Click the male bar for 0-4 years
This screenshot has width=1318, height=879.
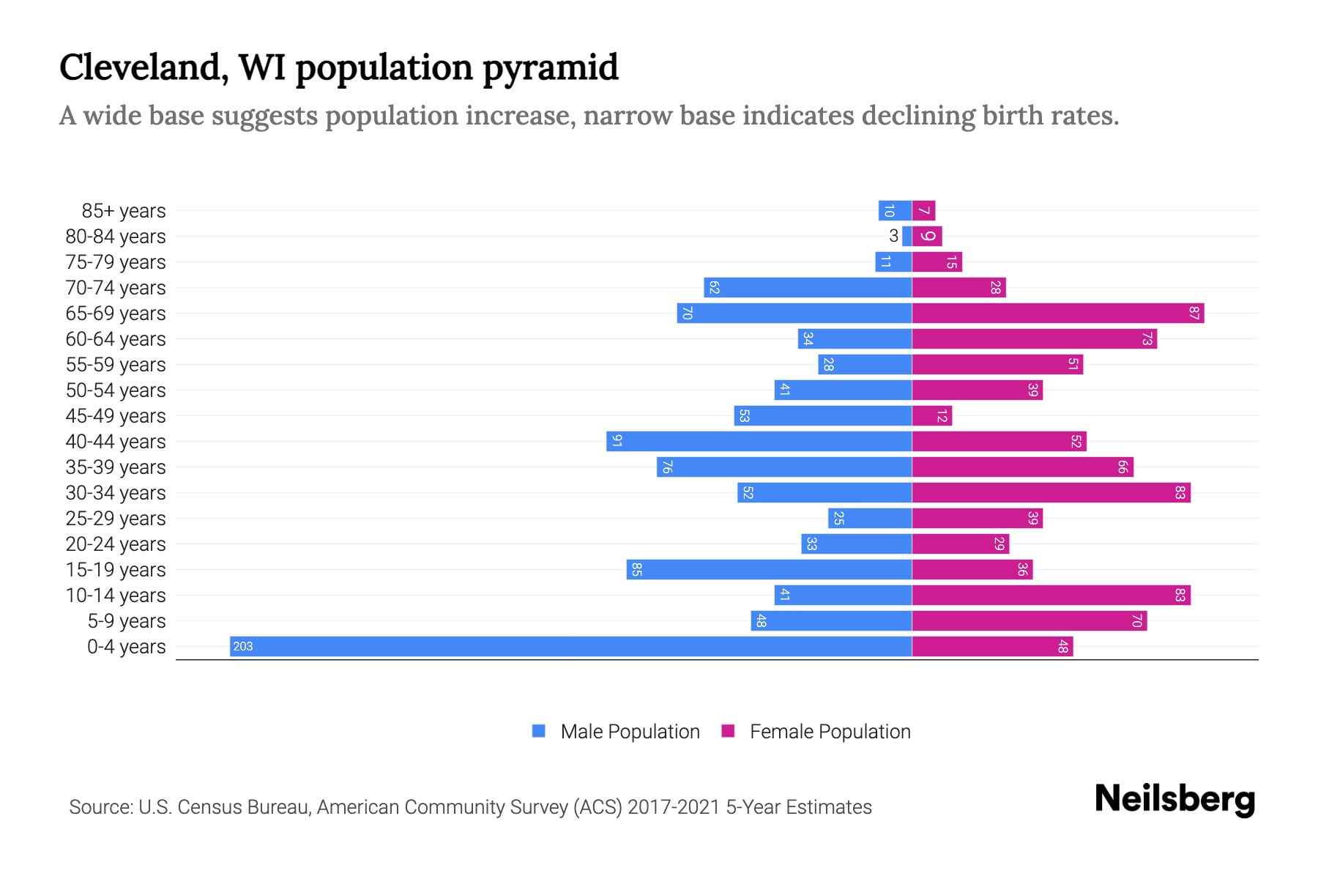571,646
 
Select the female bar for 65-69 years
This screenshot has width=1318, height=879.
1058,314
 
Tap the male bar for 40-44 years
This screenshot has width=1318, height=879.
759,442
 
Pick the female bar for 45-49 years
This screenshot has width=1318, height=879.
931,416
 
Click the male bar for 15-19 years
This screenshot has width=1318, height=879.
769,570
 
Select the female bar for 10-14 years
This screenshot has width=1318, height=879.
1051,596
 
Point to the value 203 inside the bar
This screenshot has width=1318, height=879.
242,646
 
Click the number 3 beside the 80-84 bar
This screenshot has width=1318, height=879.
893,236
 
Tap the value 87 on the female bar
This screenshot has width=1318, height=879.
1194,314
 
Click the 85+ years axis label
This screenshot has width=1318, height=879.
123,211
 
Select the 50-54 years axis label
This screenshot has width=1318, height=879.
116,390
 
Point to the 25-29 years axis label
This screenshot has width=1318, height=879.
116,519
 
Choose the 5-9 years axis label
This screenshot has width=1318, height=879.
126,621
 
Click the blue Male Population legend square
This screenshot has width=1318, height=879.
539,731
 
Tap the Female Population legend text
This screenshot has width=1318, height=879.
830,732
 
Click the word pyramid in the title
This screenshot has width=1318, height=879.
550,68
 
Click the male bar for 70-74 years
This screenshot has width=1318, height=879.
808,288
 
